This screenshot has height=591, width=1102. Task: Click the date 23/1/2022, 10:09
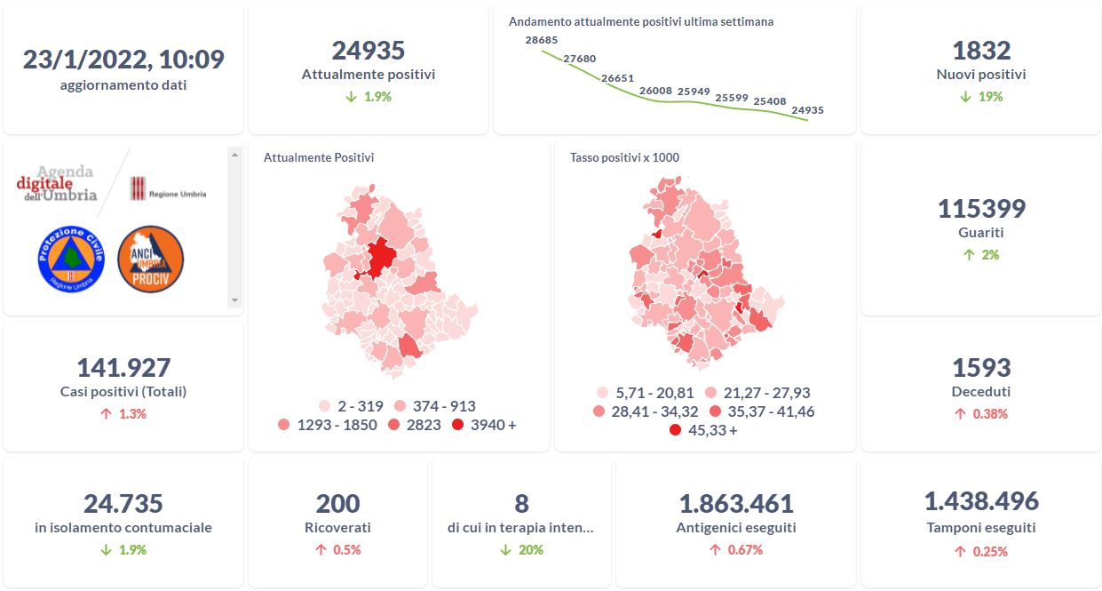tap(123, 60)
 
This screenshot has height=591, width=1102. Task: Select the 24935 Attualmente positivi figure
tap(369, 51)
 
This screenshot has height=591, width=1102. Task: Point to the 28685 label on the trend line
tap(541, 40)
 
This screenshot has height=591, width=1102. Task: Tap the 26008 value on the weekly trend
tap(655, 91)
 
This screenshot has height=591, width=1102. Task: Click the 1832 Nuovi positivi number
tap(981, 51)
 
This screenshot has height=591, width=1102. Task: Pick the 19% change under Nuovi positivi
tap(981, 96)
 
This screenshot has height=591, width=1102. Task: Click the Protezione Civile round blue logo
tap(72, 259)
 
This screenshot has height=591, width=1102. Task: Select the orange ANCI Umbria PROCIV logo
tap(150, 259)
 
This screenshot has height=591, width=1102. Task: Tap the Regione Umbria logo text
tap(178, 193)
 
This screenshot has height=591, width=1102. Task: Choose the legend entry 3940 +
tap(484, 425)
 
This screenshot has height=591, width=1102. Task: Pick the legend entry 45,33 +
tap(706, 430)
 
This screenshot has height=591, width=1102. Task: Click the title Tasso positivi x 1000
tap(624, 157)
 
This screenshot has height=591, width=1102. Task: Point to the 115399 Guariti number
tap(981, 209)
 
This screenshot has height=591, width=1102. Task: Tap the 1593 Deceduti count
tap(981, 367)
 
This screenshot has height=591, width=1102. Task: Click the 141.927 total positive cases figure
tap(123, 367)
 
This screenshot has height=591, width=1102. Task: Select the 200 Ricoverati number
tap(338, 504)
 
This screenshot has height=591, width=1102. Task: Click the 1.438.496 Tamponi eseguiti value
tap(981, 501)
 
